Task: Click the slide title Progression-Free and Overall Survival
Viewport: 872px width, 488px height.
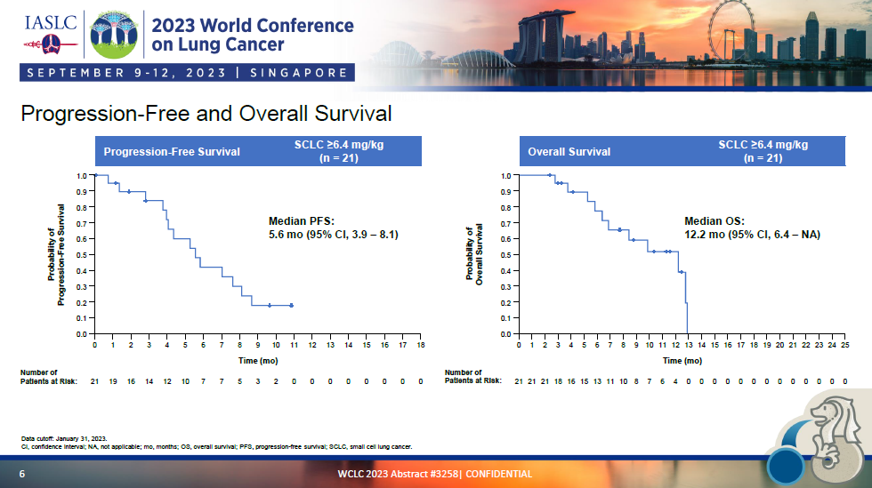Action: pos(206,115)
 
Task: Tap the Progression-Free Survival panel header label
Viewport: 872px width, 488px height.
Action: pos(172,152)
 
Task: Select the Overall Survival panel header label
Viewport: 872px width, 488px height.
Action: pos(569,152)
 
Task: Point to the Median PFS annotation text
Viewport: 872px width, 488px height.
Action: pos(333,228)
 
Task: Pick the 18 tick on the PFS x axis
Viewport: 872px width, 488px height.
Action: pos(421,345)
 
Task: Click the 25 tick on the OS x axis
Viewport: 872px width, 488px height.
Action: pos(844,345)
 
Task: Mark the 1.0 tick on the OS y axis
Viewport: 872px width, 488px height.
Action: pos(506,176)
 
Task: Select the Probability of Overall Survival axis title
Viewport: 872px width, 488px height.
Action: pos(473,254)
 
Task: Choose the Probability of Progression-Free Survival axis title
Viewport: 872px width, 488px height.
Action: pos(57,254)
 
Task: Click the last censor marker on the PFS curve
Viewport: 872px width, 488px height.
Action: pos(291,305)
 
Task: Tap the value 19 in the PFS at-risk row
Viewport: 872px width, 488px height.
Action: pos(113,380)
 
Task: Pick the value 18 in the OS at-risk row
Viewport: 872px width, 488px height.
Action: pos(558,380)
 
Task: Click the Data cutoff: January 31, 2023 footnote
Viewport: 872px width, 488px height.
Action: pos(64,438)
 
